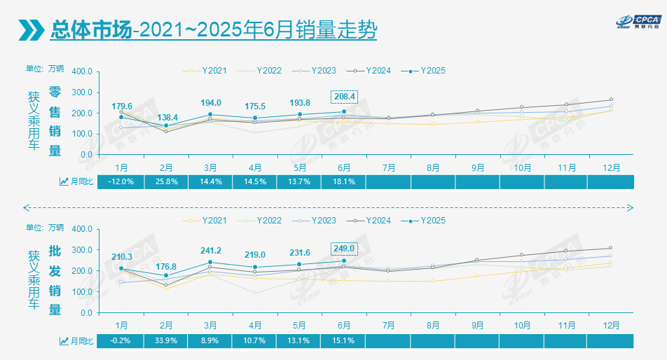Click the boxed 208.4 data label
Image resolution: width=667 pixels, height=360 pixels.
click(x=343, y=97)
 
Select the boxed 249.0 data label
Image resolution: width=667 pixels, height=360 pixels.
click(x=343, y=248)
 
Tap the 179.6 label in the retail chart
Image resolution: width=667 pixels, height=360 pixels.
click(x=122, y=106)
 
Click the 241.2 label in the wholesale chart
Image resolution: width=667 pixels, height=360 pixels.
click(x=210, y=250)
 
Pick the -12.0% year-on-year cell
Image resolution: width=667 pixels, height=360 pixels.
click(x=122, y=182)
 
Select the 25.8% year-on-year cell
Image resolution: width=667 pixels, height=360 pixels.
click(x=166, y=182)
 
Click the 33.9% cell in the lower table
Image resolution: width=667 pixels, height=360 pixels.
click(x=166, y=340)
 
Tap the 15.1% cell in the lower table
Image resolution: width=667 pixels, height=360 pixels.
click(x=343, y=340)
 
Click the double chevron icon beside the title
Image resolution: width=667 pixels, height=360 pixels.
click(x=31, y=30)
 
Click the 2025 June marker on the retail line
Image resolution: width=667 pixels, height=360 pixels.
click(x=343, y=111)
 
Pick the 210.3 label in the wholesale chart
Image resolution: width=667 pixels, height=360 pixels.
click(x=122, y=257)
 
